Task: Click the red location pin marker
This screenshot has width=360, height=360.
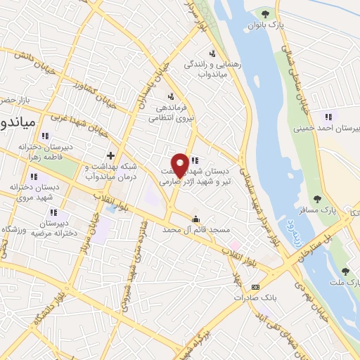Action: (x=180, y=165)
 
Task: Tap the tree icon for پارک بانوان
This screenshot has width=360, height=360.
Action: (x=265, y=13)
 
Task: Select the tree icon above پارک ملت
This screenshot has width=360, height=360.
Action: (x=345, y=271)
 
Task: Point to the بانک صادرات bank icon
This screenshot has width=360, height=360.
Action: (x=255, y=286)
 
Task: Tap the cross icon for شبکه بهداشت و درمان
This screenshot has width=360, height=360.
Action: (x=110, y=155)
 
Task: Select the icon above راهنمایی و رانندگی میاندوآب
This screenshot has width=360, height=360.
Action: (x=212, y=53)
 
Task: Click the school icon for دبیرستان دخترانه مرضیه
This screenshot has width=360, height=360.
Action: (x=55, y=213)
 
